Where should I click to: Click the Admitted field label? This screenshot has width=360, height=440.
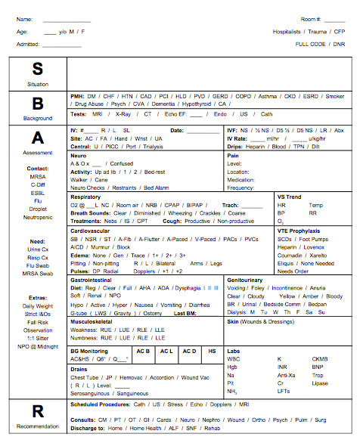coord(28,45)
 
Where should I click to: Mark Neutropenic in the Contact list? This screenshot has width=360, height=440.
coord(38,217)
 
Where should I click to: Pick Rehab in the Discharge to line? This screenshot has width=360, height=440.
coord(213,428)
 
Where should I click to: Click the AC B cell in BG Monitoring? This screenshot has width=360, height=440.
coord(144,351)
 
